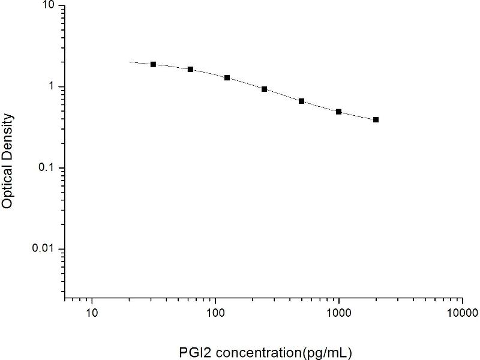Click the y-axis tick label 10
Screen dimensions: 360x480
tap(47, 6)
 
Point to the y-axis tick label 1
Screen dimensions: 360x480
tap(51, 87)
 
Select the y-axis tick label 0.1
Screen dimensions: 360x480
tap(46, 168)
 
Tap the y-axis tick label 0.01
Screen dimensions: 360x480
tap(43, 248)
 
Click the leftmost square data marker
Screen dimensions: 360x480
tap(153, 64)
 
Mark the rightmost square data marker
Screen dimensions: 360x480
tap(376, 119)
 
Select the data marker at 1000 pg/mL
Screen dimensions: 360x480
tap(338, 112)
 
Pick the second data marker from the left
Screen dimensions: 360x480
tap(190, 69)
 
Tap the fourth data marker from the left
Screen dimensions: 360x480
tap(264, 89)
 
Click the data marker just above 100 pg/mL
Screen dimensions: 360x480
tap(227, 77)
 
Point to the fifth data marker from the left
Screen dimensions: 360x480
tap(301, 101)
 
